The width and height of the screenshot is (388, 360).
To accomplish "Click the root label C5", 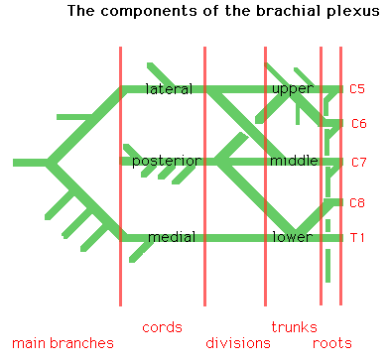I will point(357,89).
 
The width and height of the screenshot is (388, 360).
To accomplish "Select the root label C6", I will point(359,124).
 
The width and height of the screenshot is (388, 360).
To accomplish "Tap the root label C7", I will point(358,162).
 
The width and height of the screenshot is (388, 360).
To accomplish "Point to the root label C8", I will point(358,202).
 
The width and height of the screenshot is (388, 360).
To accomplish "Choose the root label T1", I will point(357,238).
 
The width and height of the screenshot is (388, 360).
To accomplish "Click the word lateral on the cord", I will point(169,89).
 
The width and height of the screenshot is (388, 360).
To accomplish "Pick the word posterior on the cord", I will point(167,161).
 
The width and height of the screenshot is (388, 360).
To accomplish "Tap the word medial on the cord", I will point(171,237).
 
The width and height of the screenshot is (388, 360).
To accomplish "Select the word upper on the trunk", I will point(292,89).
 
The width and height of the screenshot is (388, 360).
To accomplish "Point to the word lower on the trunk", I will point(292,237).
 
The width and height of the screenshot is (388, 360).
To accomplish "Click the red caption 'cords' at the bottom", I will point(162,326).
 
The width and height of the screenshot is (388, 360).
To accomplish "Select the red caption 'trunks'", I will point(294,326).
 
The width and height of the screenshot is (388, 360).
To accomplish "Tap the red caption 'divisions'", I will point(237,343).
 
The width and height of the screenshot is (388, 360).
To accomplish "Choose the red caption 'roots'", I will point(332,343).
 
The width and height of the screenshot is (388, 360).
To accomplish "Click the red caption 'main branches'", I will point(57,343).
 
